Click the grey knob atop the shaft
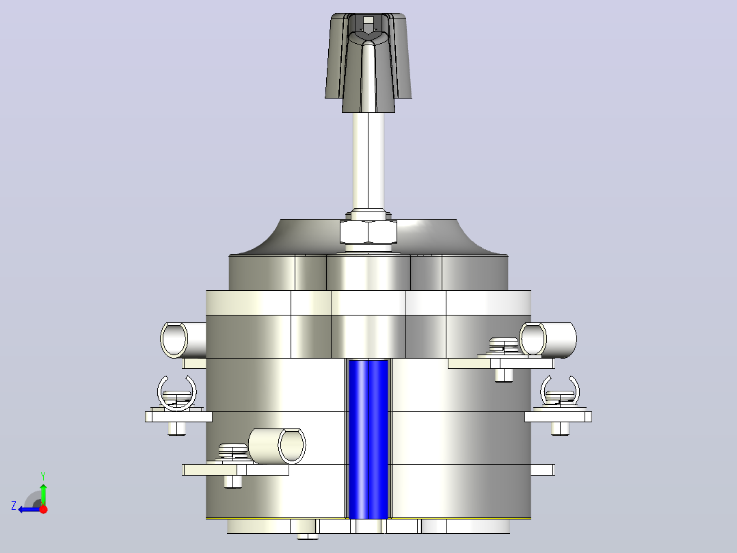pyautogui.click(x=368, y=61)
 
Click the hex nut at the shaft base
pyautogui.click(x=368, y=231)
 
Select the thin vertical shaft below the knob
pyautogui.click(x=368, y=160)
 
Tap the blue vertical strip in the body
pyautogui.click(x=368, y=439)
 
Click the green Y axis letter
pyautogui.click(x=43, y=476)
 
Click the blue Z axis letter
pyautogui.click(x=14, y=506)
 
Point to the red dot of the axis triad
pyautogui.click(x=43, y=509)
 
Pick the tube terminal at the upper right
pyautogui.click(x=548, y=339)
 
